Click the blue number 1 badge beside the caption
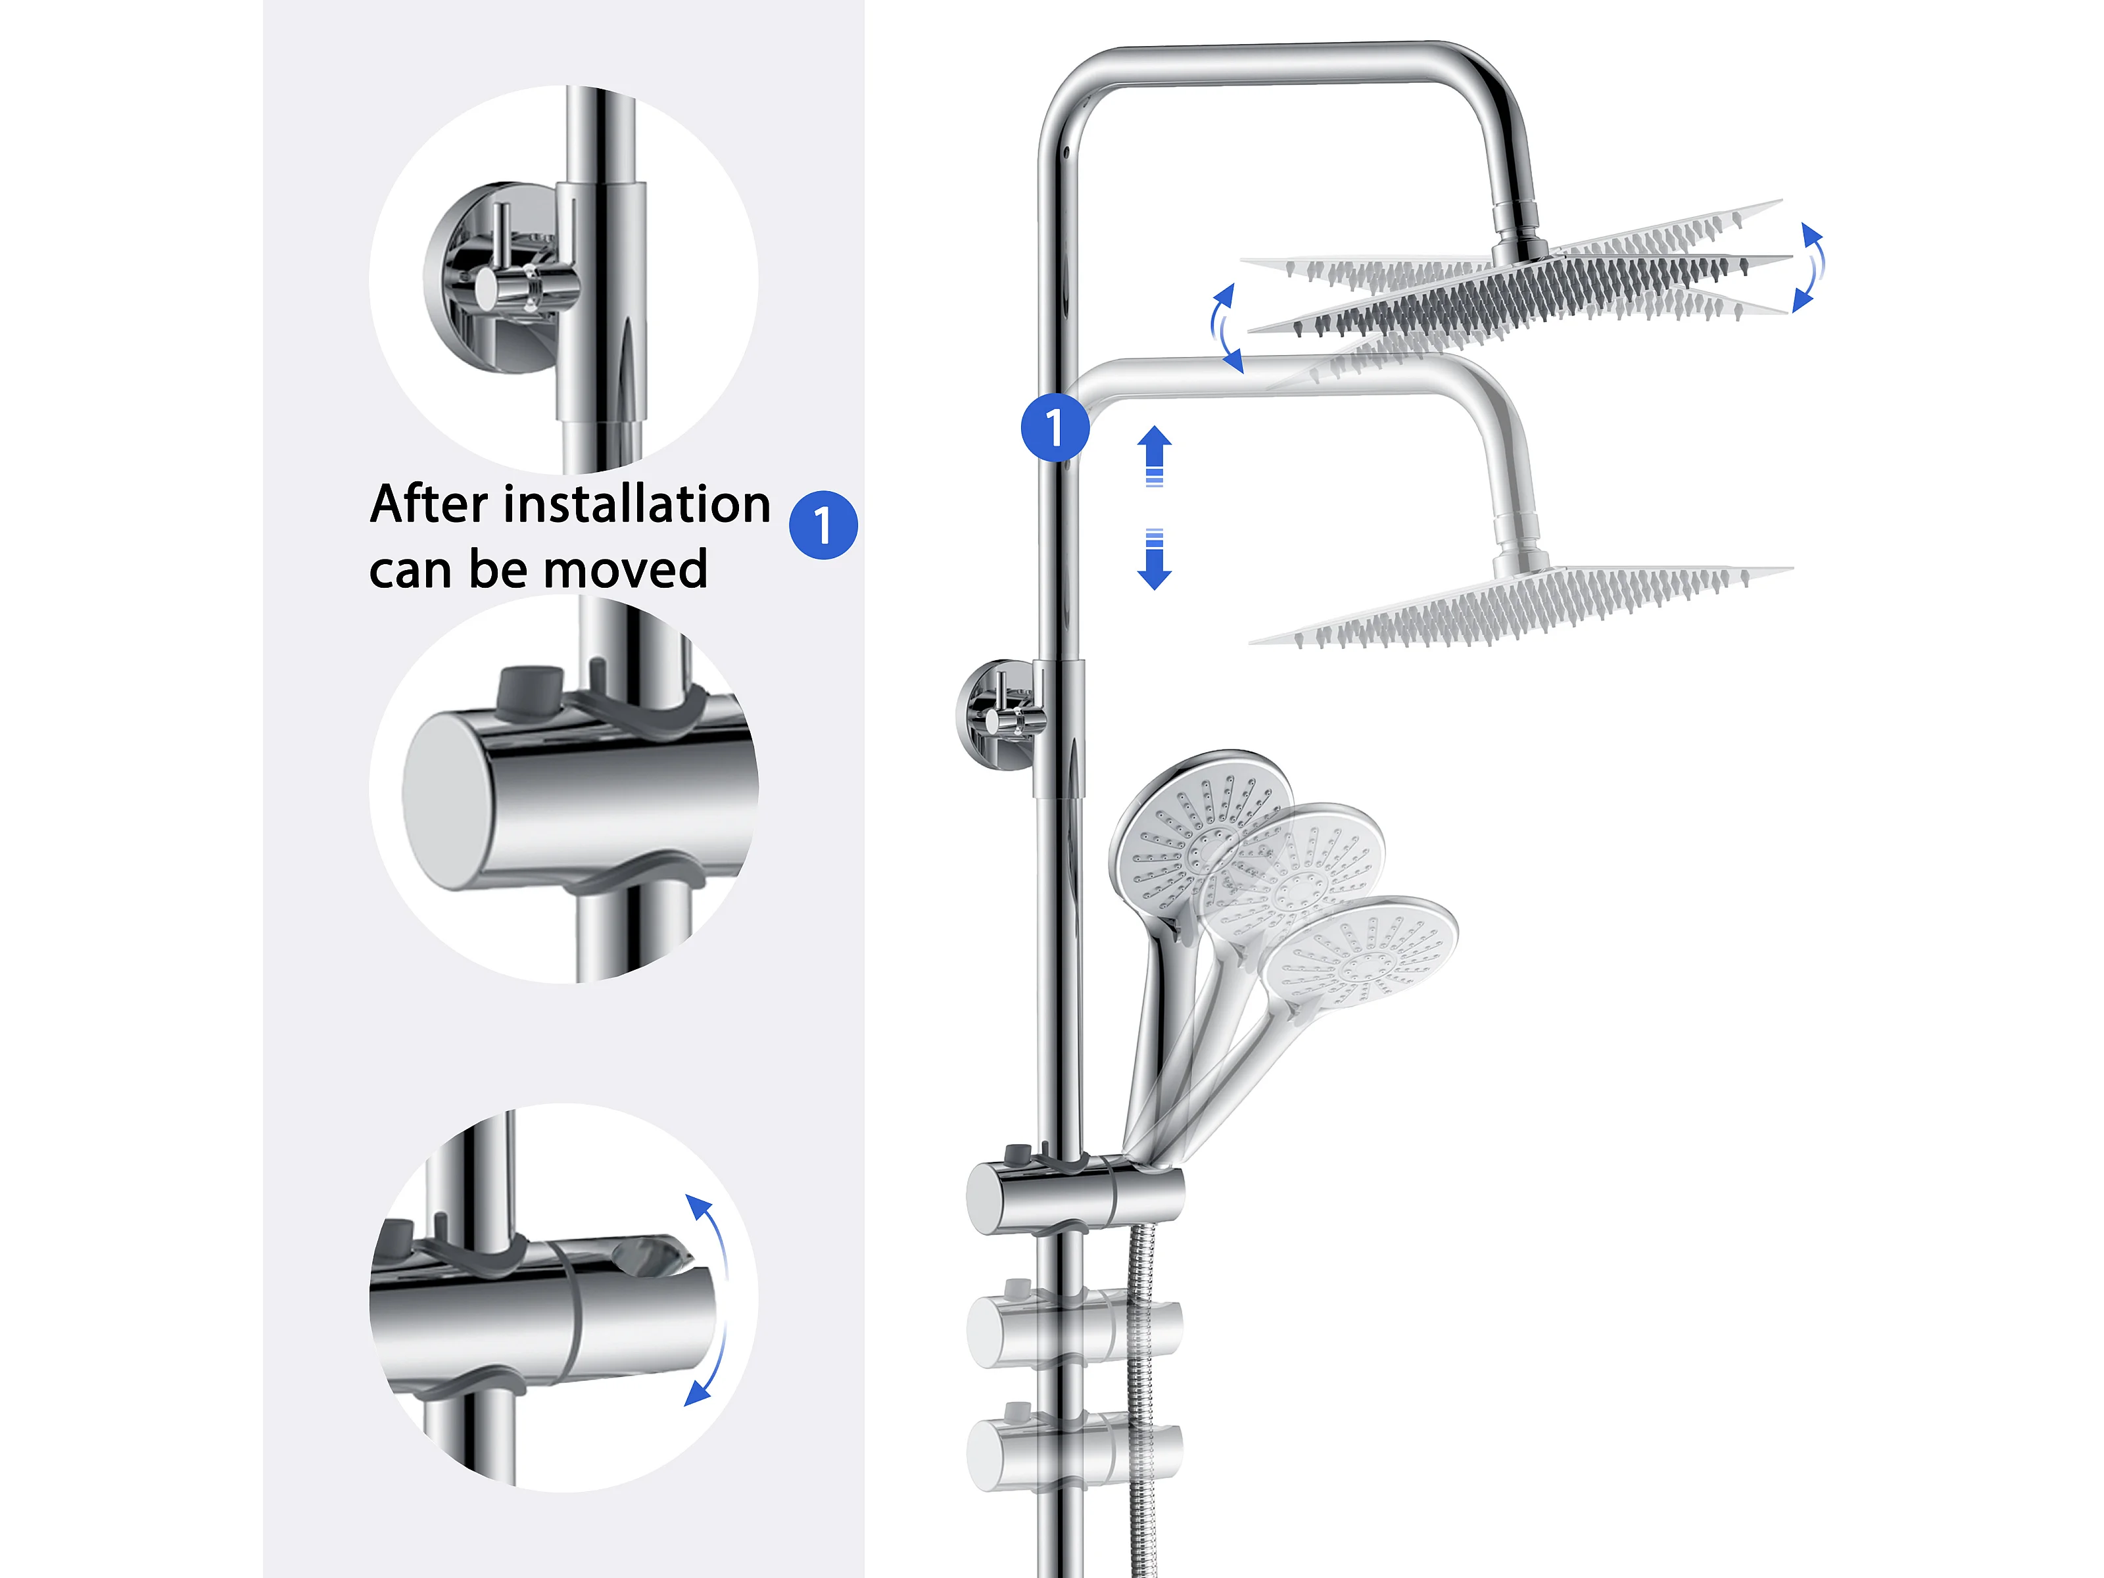tap(823, 525)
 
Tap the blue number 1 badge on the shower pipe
tap(1055, 427)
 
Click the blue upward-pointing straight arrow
tap(1155, 456)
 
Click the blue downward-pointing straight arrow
tap(1155, 560)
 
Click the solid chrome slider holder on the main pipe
tap(1075, 1195)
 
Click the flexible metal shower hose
tap(1141, 1399)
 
